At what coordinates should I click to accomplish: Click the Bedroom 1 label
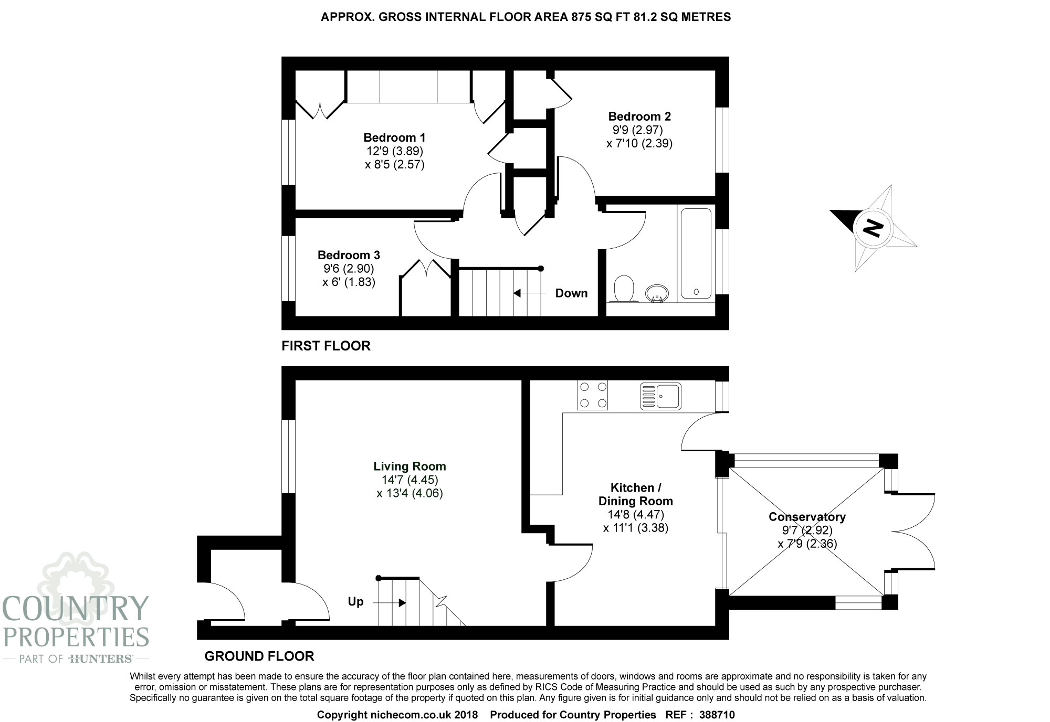click(x=394, y=137)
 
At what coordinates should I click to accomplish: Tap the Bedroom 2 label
click(x=639, y=116)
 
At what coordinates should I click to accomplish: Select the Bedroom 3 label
click(x=349, y=255)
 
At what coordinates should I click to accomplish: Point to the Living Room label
click(x=409, y=466)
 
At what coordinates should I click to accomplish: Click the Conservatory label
click(x=807, y=517)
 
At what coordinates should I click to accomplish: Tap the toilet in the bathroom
click(x=623, y=289)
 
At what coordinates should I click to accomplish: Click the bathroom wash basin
click(x=656, y=293)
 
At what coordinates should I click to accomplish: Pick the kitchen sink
click(x=660, y=396)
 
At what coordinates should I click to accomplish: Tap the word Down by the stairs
click(x=571, y=293)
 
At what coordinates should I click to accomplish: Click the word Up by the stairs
click(x=355, y=602)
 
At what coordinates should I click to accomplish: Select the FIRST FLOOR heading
click(x=326, y=346)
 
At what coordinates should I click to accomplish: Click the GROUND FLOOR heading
click(x=259, y=656)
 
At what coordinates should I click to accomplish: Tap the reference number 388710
click(x=717, y=715)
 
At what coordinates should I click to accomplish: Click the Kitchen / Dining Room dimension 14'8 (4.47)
click(x=636, y=515)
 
